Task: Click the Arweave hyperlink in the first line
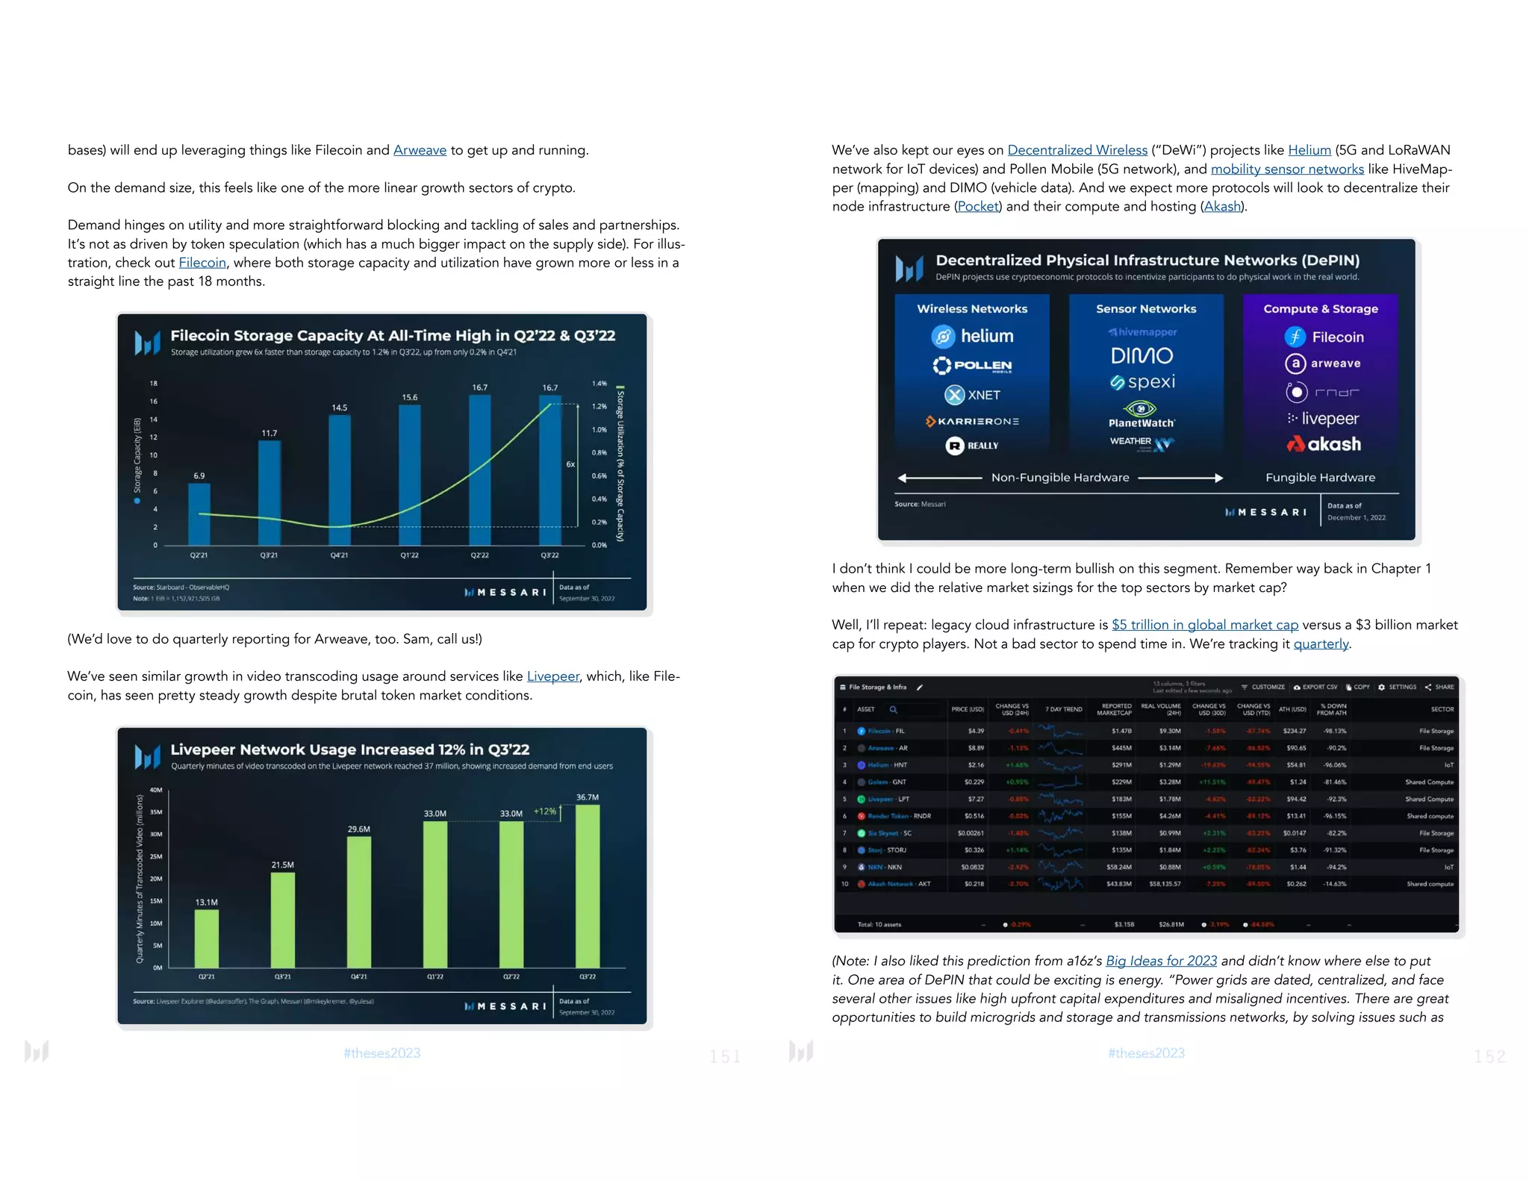pos(420,150)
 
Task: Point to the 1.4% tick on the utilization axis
pos(599,384)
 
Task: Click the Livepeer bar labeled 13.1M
pos(207,938)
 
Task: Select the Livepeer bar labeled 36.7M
pos(588,885)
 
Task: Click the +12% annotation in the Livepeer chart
pos(545,811)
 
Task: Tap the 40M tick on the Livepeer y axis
pos(156,790)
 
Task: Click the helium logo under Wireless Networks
pos(973,337)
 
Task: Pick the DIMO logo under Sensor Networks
pos(1142,355)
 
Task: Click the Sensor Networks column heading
pos(1146,309)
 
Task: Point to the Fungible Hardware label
pos(1320,478)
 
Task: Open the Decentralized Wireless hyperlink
pos(1077,150)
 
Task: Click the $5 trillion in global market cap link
pos(1204,625)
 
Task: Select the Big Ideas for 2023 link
pos(1161,961)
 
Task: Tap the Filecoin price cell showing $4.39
pos(976,731)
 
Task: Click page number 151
pos(724,1056)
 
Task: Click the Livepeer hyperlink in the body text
pos(552,676)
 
